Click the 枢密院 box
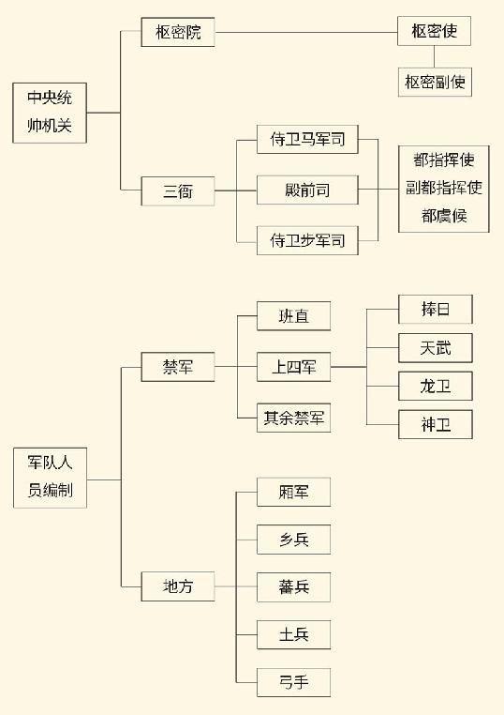click(178, 32)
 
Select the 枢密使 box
click(434, 31)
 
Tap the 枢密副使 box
click(435, 82)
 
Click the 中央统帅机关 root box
click(50, 113)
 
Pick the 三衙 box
click(178, 191)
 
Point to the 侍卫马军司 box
click(307, 139)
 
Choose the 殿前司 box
click(307, 190)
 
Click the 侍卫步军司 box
click(307, 240)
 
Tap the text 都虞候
click(444, 216)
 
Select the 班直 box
click(293, 315)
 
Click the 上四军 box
click(293, 367)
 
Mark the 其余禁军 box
click(293, 418)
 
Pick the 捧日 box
click(436, 309)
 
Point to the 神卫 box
click(436, 424)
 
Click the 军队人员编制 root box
click(50, 478)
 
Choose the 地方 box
click(178, 586)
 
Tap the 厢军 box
click(293, 492)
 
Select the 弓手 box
click(293, 682)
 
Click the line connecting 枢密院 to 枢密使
click(306, 33)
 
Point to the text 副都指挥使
click(444, 188)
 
